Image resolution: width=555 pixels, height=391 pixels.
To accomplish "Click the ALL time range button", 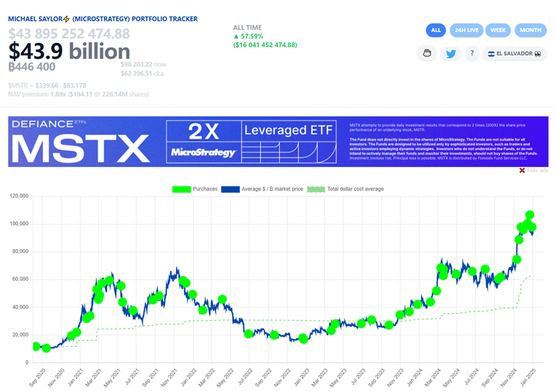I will pyautogui.click(x=436, y=30).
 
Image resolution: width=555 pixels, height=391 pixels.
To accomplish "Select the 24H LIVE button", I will pyautogui.click(x=466, y=30).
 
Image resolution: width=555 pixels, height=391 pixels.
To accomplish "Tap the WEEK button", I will pyautogui.click(x=499, y=30).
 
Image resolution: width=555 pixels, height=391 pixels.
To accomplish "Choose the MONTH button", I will pyautogui.click(x=531, y=30).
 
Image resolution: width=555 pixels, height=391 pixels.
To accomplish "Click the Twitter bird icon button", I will pyautogui.click(x=452, y=54).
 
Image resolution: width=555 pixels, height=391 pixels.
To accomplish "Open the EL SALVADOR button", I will pyautogui.click(x=515, y=54).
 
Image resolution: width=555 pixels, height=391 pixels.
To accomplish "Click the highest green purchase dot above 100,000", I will pyautogui.click(x=530, y=215).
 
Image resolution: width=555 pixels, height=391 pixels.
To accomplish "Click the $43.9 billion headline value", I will pyautogui.click(x=69, y=51).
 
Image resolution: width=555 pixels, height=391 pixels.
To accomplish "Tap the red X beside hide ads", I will pyautogui.click(x=522, y=171).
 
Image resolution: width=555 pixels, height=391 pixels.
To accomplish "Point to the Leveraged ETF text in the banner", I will pyautogui.click(x=289, y=131).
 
